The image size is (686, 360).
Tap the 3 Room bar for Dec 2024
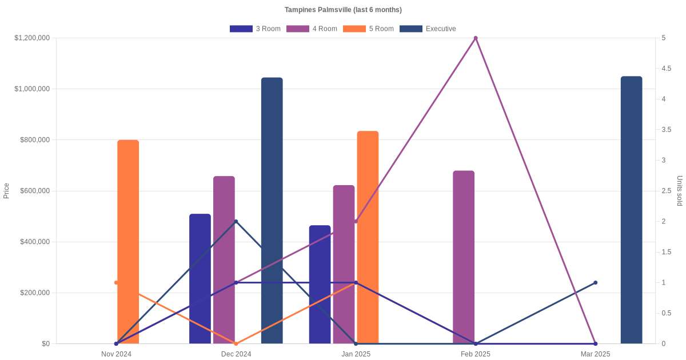[200, 278]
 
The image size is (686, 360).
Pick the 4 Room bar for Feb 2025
[464, 257]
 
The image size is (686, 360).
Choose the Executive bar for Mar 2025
[631, 210]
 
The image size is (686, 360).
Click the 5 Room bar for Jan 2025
[368, 237]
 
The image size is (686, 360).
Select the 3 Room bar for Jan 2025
[320, 284]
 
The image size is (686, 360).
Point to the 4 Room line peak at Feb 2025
[476, 38]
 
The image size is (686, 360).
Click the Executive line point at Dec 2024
[236, 222]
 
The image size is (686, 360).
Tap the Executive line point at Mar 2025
[595, 283]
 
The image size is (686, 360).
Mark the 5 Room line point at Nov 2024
[116, 283]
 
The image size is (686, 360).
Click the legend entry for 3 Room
[255, 29]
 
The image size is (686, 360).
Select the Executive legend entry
[428, 29]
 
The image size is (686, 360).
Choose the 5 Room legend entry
[368, 29]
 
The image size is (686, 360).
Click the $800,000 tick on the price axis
[33, 140]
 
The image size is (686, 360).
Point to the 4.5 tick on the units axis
[666, 69]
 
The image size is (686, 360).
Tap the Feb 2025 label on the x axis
[476, 354]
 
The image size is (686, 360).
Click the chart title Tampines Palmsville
[343, 10]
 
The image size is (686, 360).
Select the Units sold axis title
[679, 191]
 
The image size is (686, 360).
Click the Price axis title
[6, 191]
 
